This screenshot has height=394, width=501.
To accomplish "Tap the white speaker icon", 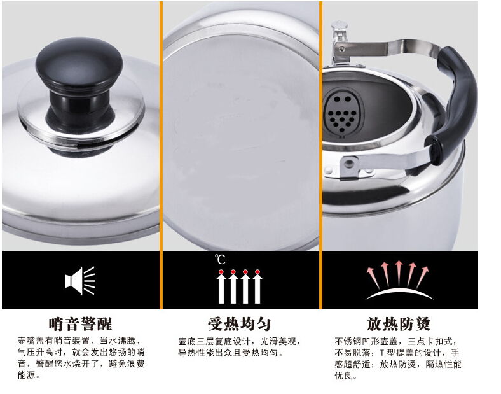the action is (x=80, y=281).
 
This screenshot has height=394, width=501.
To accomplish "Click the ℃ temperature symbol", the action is (x=220, y=259).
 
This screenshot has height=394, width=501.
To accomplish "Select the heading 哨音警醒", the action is (x=80, y=324).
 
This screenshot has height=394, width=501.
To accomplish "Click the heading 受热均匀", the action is (x=239, y=324).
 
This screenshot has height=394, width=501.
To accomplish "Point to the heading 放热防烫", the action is (x=398, y=324).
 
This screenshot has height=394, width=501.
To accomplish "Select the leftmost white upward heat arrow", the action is (x=221, y=286).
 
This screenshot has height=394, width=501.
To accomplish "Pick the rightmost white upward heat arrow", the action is (x=257, y=286).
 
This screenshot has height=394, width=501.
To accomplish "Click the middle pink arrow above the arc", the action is (x=399, y=273).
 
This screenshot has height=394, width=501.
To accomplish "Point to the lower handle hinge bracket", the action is (x=351, y=165).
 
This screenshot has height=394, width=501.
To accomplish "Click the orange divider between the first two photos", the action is (x=161, y=155).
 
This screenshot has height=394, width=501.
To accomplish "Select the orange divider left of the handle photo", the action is (x=320, y=155).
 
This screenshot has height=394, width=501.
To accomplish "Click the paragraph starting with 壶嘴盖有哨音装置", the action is (x=81, y=358).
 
